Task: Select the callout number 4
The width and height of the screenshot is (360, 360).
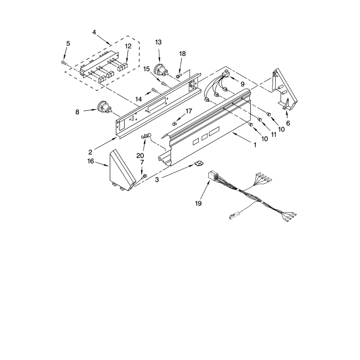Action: tap(95, 33)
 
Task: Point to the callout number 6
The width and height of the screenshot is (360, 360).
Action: tap(287, 124)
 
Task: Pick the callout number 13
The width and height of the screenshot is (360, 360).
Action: tap(159, 42)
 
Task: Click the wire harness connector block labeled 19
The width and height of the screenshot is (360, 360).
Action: tap(210, 177)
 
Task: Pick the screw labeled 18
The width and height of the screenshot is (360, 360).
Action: tap(179, 75)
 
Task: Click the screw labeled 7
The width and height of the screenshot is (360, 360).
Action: tap(144, 177)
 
